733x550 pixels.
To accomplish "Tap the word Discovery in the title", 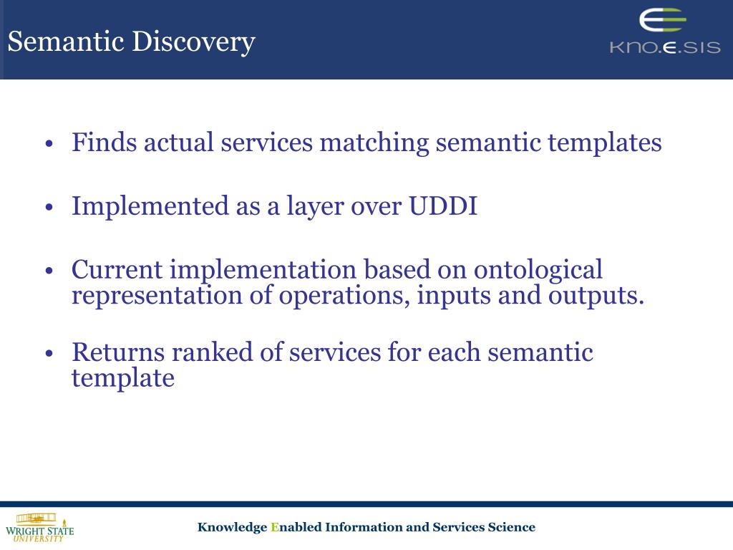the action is (x=193, y=42).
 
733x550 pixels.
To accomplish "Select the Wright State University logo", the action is (x=40, y=528).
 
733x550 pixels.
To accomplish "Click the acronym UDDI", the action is (x=443, y=206).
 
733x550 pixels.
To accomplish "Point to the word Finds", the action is (x=104, y=143).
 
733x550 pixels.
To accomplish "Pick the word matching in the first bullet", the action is (x=374, y=143).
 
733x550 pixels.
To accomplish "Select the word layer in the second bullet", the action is (x=315, y=207).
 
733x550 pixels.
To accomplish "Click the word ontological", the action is (x=538, y=270).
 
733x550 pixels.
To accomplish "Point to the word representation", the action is (x=157, y=296).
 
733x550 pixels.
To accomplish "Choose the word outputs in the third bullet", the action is (x=596, y=296).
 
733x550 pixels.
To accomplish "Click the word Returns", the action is (x=118, y=352).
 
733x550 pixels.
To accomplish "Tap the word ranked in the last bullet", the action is (x=212, y=352).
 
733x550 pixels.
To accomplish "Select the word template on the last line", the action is (x=123, y=378).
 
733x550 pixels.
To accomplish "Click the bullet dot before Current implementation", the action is (x=49, y=271).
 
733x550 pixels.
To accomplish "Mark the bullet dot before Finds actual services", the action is (x=49, y=143).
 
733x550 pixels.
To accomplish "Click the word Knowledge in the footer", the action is (x=232, y=528).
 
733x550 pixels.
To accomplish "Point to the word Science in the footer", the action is (x=511, y=527).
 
